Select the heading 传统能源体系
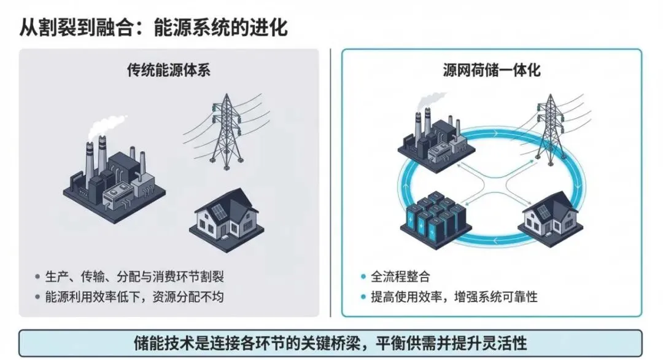coord(169,70)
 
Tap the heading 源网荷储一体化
coord(492,70)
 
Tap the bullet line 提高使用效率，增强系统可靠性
coord(454,297)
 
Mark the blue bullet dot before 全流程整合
coord(363,276)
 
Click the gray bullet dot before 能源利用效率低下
coord(38,297)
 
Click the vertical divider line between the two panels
coord(330,184)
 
